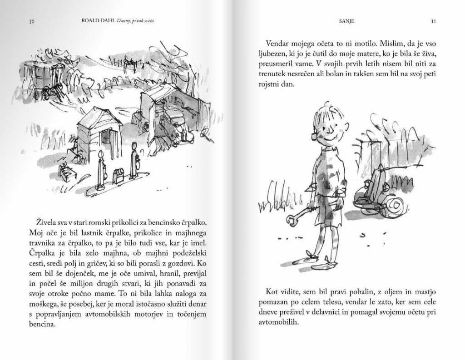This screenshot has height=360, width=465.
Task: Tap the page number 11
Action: [x=433, y=21]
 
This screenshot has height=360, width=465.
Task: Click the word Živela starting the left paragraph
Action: [x=47, y=222]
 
